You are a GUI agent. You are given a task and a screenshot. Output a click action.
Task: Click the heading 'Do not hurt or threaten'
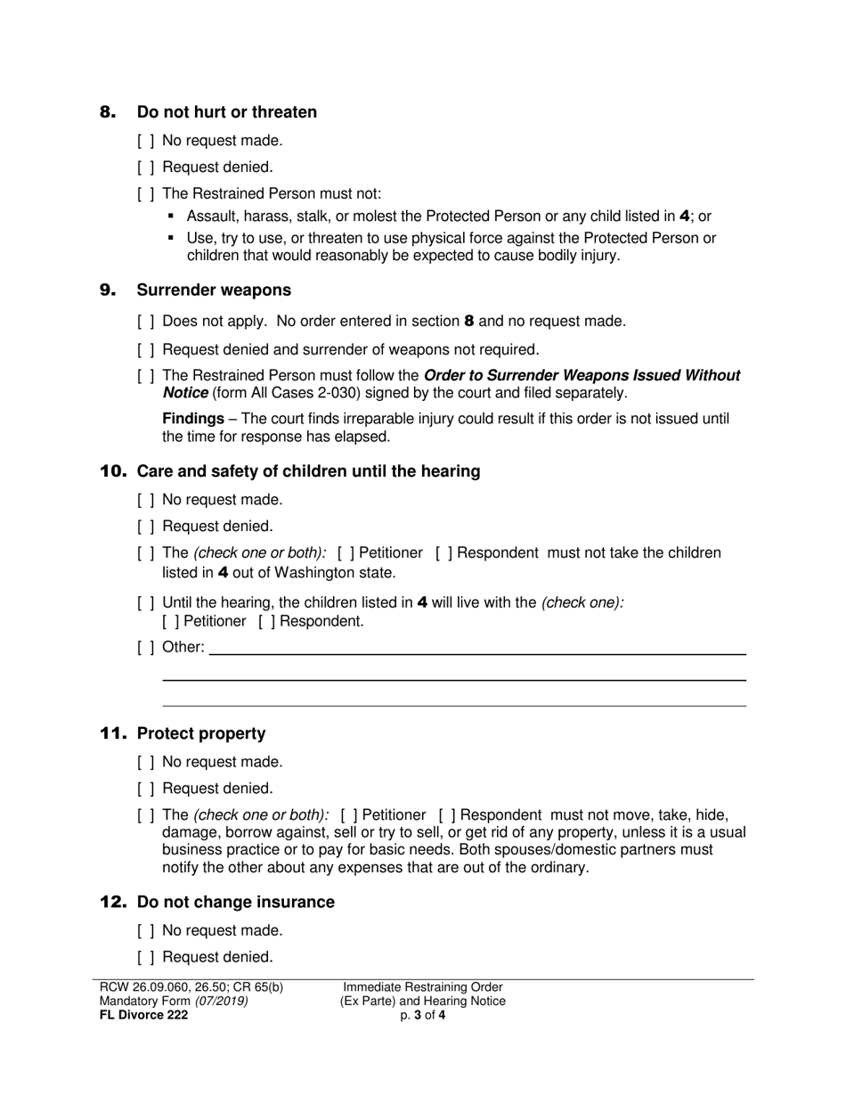(226, 112)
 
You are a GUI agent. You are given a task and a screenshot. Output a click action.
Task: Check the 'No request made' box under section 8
(146, 141)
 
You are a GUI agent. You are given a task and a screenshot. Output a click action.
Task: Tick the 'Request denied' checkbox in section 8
(146, 168)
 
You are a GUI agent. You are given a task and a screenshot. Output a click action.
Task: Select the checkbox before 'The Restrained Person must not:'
(146, 194)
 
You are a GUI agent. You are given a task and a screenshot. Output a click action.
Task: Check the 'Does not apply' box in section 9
(146, 322)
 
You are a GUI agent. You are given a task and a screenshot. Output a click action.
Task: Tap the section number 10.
(113, 471)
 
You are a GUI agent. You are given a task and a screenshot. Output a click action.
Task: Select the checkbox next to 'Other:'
(146, 648)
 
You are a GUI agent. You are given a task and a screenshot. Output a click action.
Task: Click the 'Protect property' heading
(201, 733)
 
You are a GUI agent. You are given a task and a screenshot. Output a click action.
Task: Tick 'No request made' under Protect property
(146, 763)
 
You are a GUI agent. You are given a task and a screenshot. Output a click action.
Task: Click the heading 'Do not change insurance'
(236, 902)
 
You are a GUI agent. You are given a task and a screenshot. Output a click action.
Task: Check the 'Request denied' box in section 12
(146, 958)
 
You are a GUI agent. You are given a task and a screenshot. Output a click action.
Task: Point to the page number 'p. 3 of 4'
(423, 1015)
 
